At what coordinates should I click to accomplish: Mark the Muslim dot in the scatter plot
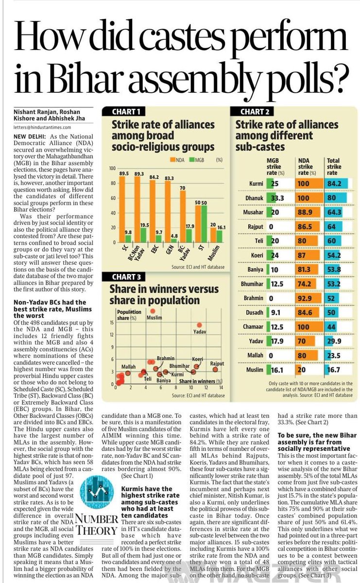pyautogui.click(x=154, y=311)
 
